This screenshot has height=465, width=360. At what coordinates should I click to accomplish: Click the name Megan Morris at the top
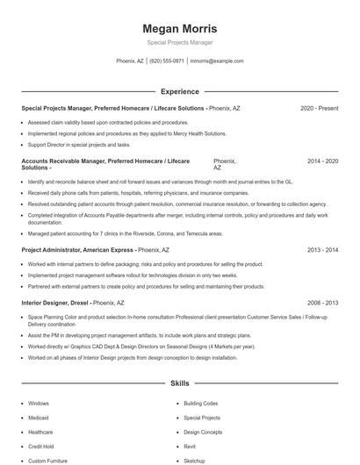point(179,28)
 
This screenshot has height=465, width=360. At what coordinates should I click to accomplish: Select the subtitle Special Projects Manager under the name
point(179,42)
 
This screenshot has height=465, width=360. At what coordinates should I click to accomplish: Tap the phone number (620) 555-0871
point(167,61)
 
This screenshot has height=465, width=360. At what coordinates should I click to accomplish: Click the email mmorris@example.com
point(217,61)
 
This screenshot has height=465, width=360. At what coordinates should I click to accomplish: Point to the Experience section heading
point(179,91)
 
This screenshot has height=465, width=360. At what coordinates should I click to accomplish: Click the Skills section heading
point(179,383)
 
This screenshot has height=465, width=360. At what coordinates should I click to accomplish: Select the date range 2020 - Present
point(319,108)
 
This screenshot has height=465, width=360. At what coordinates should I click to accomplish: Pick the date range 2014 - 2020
point(322,162)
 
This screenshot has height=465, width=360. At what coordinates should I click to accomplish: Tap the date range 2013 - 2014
point(322,250)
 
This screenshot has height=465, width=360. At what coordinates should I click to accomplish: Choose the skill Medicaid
point(40,418)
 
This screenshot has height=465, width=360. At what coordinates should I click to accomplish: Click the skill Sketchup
point(195,460)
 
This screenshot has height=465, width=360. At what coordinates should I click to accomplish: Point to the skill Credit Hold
point(40,446)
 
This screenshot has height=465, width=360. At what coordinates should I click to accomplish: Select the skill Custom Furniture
point(47,460)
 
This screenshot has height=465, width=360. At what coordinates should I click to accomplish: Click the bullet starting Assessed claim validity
point(108,123)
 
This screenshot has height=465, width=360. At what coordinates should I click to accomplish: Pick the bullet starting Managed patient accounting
point(125,234)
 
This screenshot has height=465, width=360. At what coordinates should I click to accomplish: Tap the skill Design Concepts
point(203,432)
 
